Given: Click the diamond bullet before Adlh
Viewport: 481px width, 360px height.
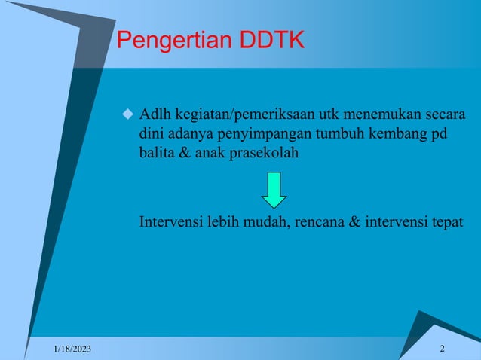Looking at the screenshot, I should (x=127, y=115).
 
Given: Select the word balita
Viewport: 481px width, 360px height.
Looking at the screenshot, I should (x=156, y=153).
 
